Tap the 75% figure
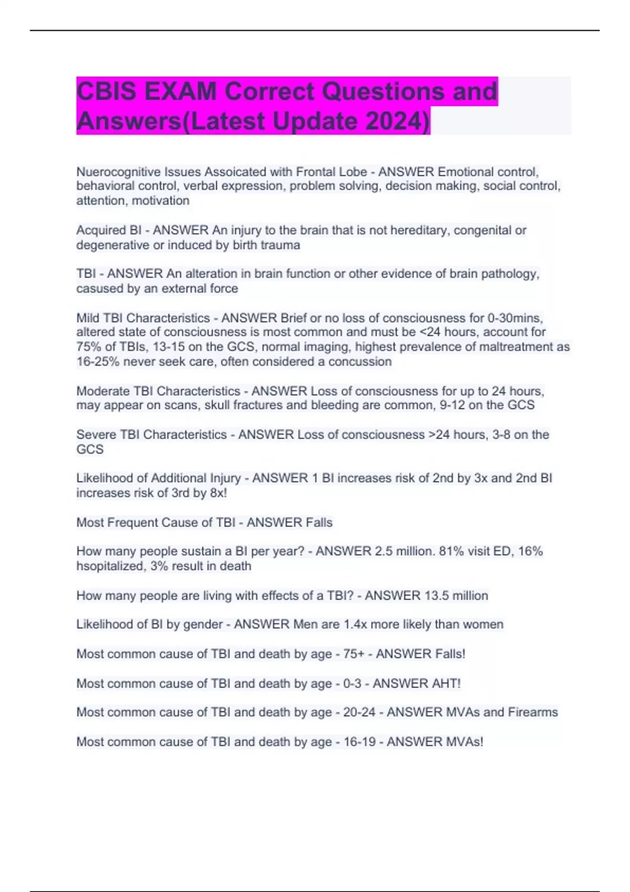(x=87, y=347)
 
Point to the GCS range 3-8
(x=502, y=434)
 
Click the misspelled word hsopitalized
(x=110, y=566)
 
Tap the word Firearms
(x=532, y=712)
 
